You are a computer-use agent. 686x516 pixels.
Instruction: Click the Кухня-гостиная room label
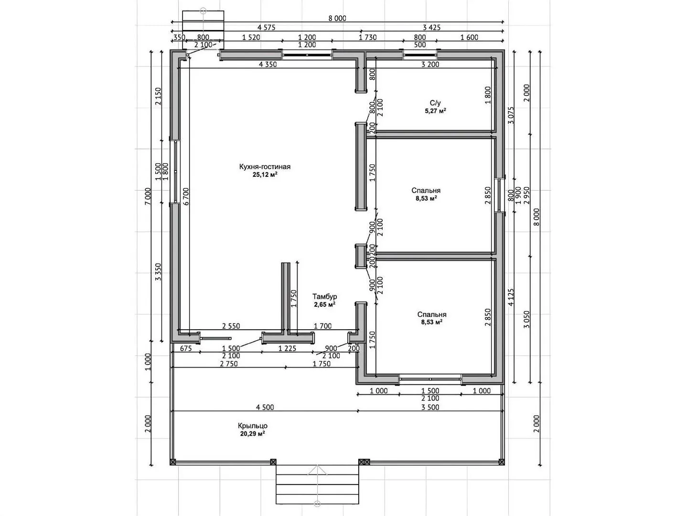click(264, 167)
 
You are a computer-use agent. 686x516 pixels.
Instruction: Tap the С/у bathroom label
click(435, 103)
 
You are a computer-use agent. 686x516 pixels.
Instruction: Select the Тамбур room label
click(324, 296)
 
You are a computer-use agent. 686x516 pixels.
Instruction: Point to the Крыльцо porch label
click(252, 426)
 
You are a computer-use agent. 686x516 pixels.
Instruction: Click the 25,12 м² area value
click(265, 175)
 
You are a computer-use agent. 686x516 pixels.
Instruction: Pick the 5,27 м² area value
click(435, 111)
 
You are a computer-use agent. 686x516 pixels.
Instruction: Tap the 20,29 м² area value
click(253, 433)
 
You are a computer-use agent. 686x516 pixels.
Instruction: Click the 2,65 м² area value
click(325, 304)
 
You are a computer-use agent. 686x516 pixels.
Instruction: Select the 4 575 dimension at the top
click(266, 28)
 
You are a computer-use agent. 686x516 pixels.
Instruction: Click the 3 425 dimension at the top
click(431, 28)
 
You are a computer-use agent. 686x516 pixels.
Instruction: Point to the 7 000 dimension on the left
click(148, 196)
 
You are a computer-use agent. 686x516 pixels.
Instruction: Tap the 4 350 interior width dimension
click(268, 64)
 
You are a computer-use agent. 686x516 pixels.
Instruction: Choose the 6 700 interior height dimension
click(186, 196)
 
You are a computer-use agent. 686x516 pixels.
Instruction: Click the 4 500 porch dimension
click(265, 407)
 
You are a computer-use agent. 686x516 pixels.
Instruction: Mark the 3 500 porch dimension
click(430, 407)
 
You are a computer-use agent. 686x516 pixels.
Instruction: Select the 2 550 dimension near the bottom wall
click(231, 326)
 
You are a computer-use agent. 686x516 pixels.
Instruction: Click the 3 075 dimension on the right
click(511, 115)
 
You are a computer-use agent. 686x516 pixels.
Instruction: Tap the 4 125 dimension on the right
click(511, 297)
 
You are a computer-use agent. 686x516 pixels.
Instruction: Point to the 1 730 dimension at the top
click(367, 37)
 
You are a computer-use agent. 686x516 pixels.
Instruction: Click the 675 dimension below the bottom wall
click(186, 348)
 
